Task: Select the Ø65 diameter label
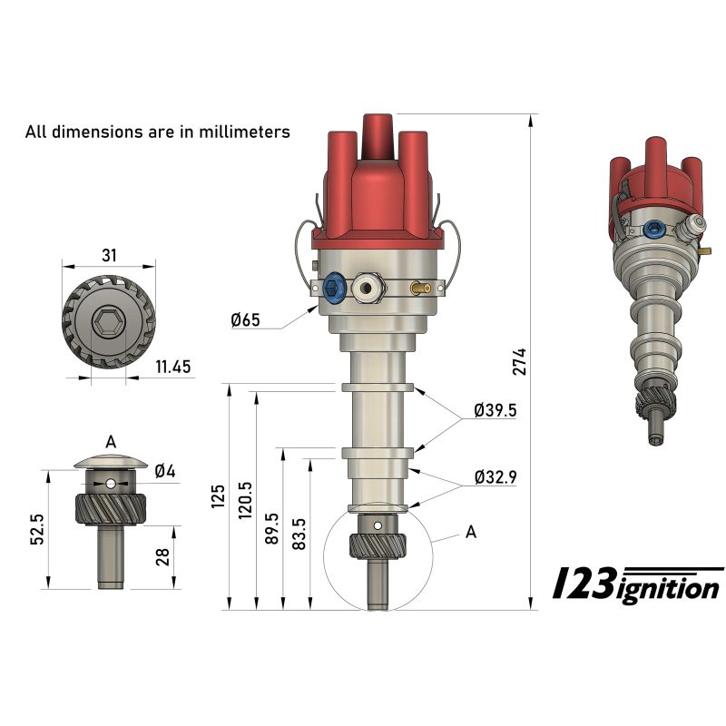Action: (245, 319)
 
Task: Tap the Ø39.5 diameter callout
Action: (495, 410)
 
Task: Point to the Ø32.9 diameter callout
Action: (495, 476)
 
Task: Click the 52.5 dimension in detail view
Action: (37, 528)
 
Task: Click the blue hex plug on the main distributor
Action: (334, 289)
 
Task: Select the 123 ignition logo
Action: (636, 584)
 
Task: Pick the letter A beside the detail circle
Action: (470, 533)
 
